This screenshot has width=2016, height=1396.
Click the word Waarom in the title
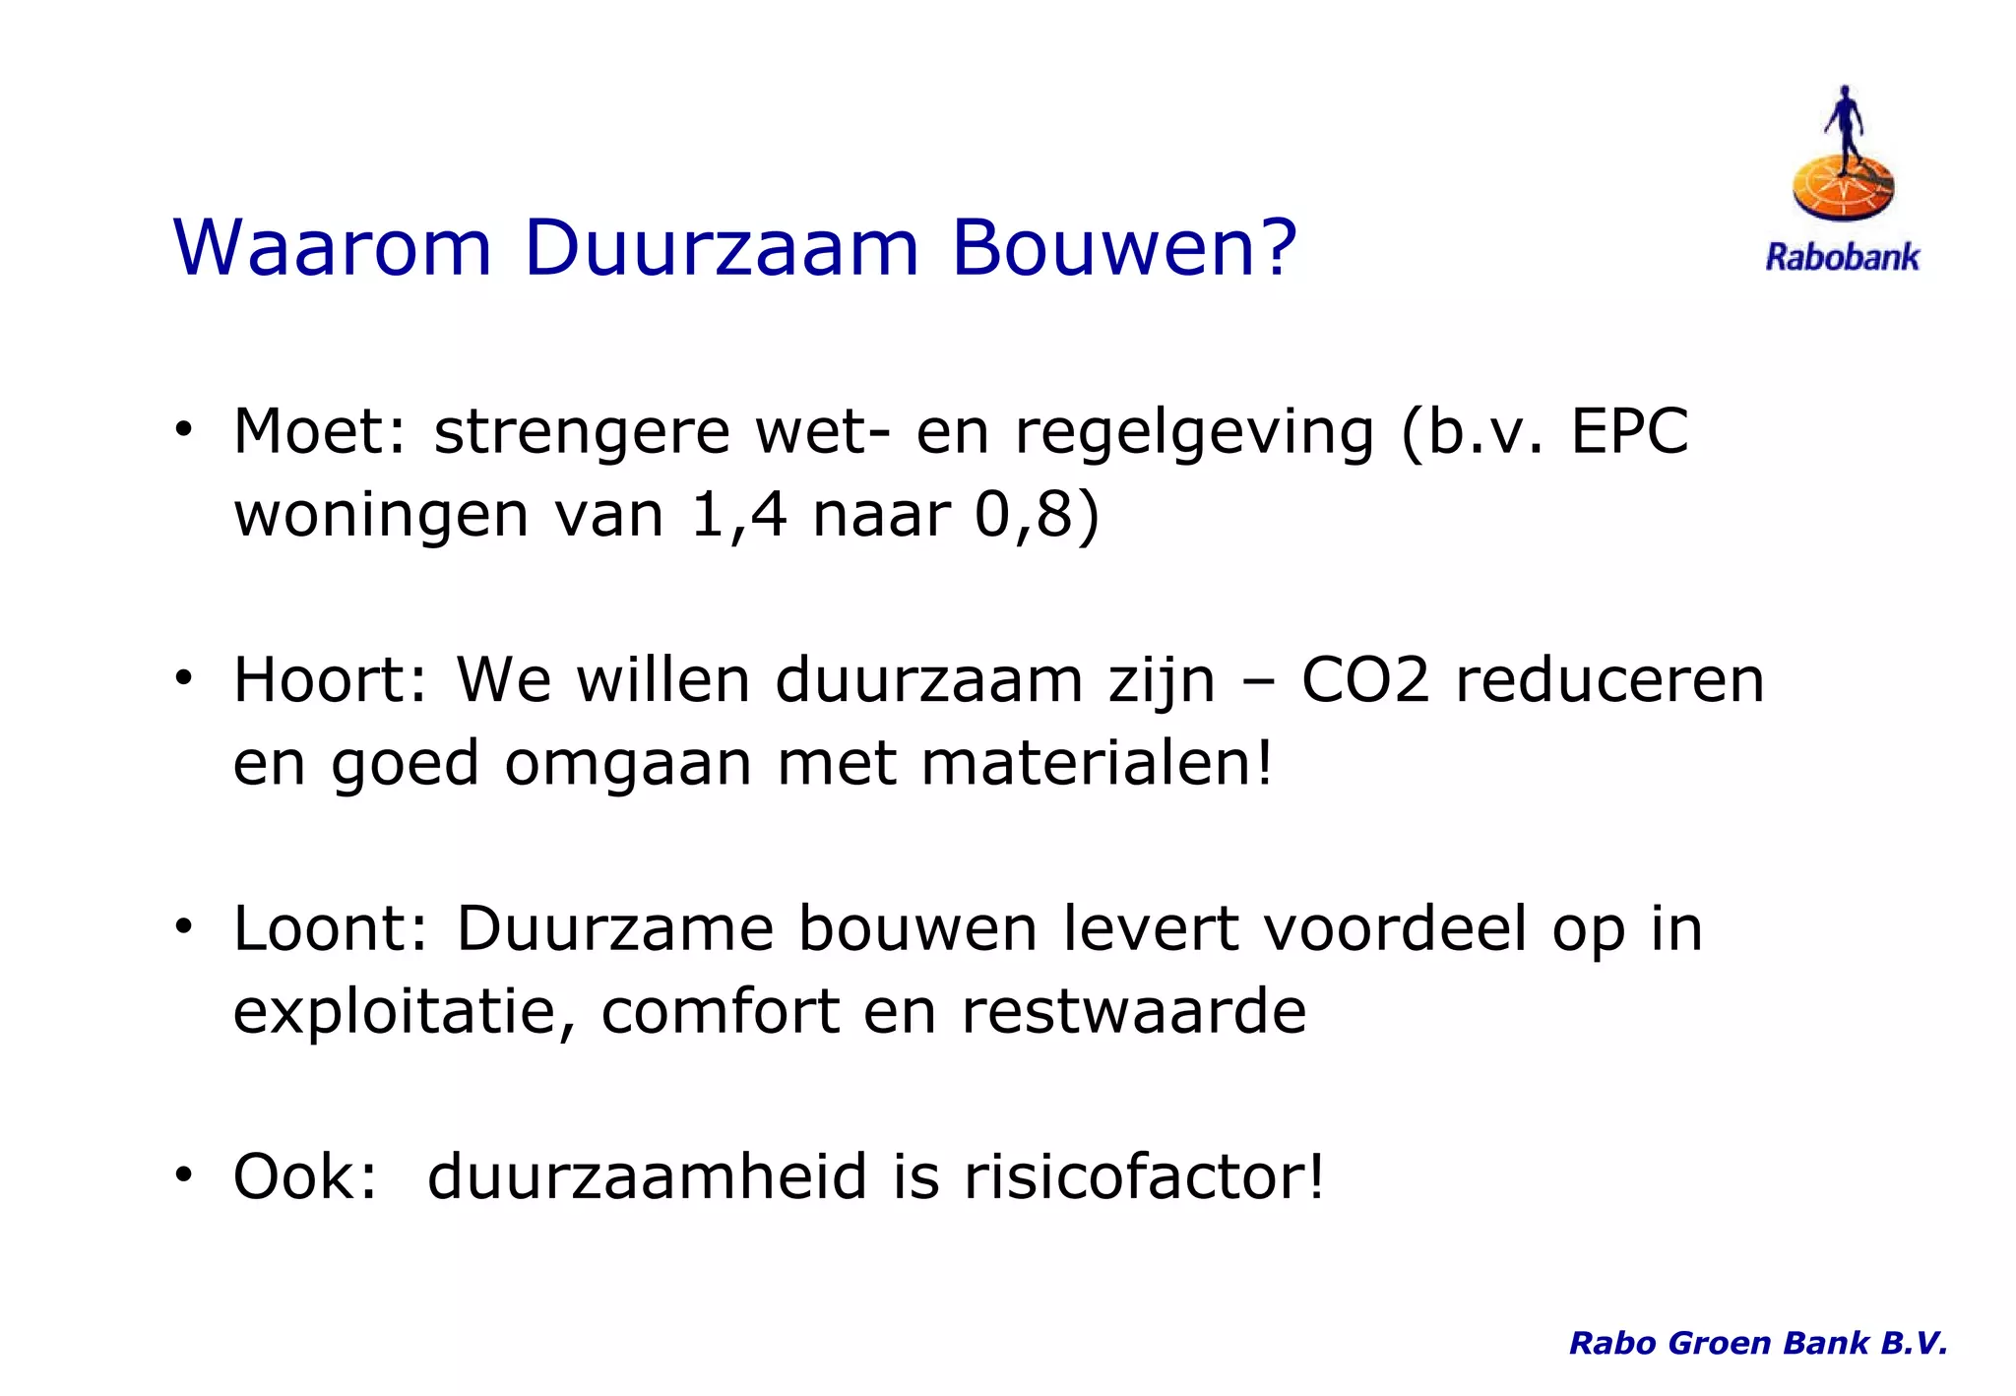tap(332, 247)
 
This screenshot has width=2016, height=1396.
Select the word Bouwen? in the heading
tap(1124, 247)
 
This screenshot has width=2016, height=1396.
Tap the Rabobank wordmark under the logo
tap(1842, 258)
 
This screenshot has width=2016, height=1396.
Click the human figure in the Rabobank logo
tap(1844, 127)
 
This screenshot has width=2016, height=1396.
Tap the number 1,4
tap(738, 514)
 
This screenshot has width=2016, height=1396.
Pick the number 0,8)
tap(1037, 514)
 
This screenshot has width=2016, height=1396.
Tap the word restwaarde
tap(1133, 1011)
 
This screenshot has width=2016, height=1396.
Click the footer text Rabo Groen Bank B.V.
tap(1758, 1343)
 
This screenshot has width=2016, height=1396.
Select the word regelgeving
tap(1194, 433)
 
